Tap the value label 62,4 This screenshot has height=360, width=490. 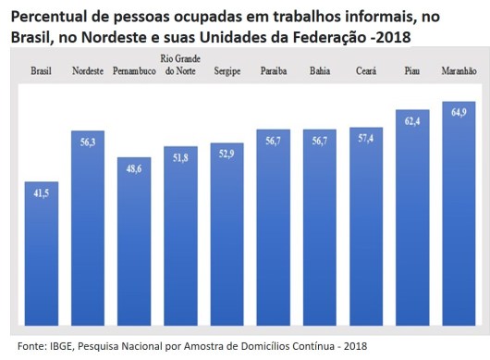412,120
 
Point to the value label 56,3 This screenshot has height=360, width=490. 88,142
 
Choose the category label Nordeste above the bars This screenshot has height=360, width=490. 88,70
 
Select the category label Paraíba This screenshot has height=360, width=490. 274,70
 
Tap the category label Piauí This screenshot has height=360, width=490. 412,70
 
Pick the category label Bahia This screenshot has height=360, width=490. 320,70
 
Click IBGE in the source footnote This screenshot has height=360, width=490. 58,346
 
